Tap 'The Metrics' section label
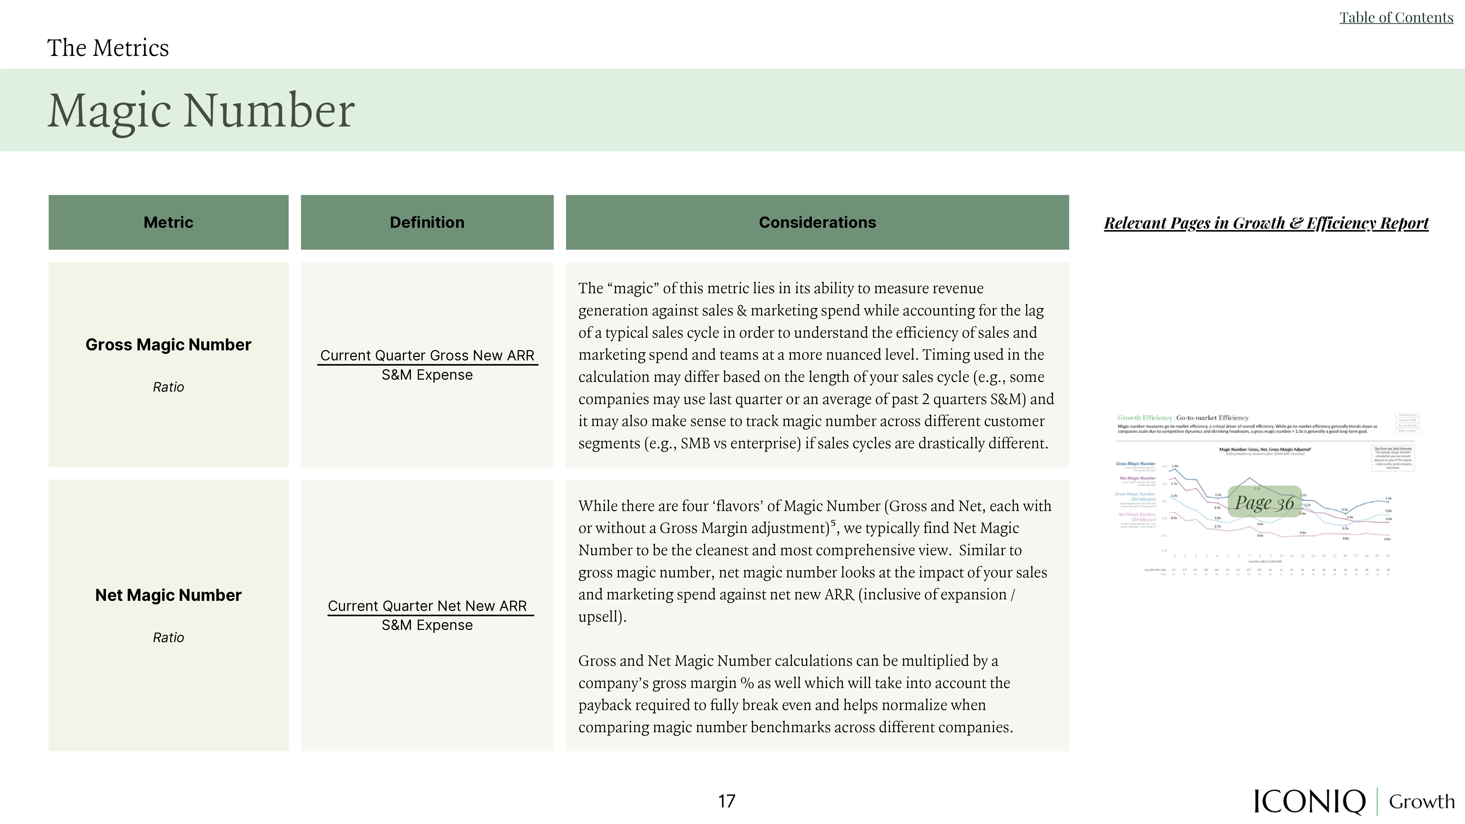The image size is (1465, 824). pyautogui.click(x=108, y=48)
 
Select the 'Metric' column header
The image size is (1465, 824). pyautogui.click(x=168, y=222)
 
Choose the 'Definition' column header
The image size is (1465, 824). pyautogui.click(x=427, y=222)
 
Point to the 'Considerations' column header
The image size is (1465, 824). pyautogui.click(x=817, y=222)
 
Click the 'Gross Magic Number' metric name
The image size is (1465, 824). pyautogui.click(x=168, y=344)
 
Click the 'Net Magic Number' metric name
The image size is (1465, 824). pyautogui.click(x=168, y=595)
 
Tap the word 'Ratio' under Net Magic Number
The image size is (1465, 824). pyautogui.click(x=168, y=637)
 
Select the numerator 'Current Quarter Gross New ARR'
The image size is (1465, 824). pyautogui.click(x=427, y=355)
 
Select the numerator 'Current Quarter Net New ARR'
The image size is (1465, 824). pyautogui.click(x=427, y=606)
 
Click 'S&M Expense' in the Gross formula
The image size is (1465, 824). pyautogui.click(x=427, y=375)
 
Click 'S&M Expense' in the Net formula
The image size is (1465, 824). pyautogui.click(x=427, y=625)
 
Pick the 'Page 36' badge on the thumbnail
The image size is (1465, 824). pyautogui.click(x=1264, y=502)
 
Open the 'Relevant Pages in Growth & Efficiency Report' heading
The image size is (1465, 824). pyautogui.click(x=1266, y=223)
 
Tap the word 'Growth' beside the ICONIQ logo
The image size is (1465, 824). pyautogui.click(x=1421, y=801)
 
